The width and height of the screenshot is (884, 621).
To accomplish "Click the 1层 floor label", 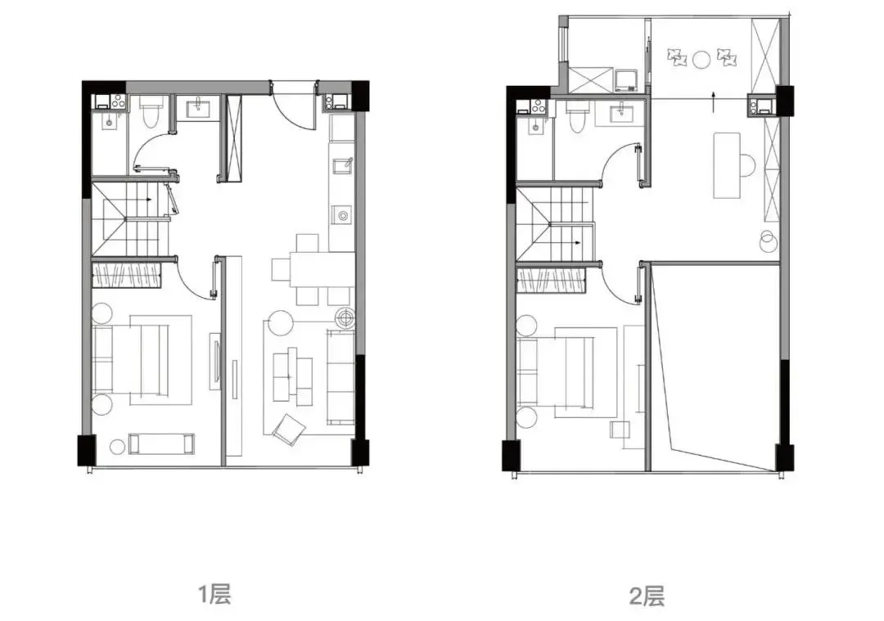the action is point(214,594).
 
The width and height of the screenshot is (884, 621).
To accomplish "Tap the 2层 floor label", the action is point(647,596).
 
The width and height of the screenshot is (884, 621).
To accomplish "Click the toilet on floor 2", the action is point(577,117).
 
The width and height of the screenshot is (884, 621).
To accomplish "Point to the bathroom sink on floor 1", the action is point(198,107).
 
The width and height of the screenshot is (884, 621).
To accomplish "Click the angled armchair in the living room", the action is point(289,430).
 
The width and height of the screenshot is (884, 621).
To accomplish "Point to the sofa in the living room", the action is point(341,376).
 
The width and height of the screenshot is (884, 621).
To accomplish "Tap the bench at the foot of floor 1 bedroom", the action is point(161,443).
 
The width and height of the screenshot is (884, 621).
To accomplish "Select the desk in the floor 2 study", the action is point(727,165).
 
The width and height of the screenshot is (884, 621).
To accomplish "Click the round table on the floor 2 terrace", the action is point(701,59).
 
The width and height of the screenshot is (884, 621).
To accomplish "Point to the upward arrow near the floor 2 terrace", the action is point(714,101).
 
